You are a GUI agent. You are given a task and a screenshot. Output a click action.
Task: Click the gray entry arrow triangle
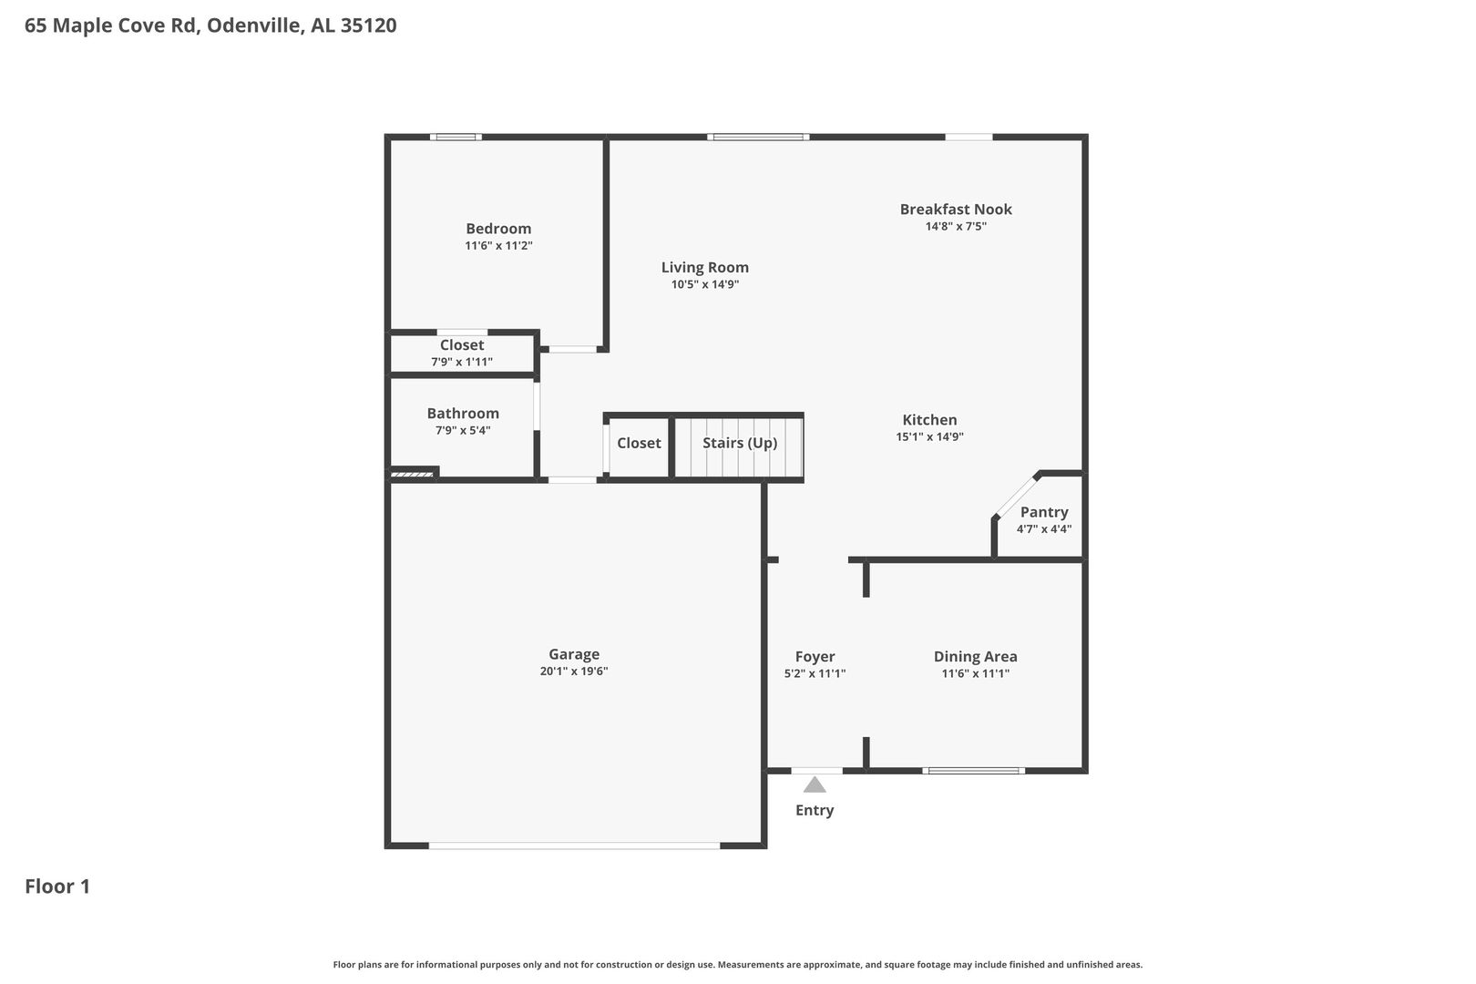click(815, 784)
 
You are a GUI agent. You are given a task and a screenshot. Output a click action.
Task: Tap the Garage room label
click(574, 654)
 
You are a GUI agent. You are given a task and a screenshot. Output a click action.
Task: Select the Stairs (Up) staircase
click(739, 446)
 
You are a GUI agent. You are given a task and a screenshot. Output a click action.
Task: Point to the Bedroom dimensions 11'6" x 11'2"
click(498, 246)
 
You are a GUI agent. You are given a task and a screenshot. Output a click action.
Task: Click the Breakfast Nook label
click(956, 209)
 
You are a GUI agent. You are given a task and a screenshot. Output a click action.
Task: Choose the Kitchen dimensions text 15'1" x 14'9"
click(929, 436)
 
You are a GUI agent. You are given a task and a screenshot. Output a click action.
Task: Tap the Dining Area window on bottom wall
click(973, 771)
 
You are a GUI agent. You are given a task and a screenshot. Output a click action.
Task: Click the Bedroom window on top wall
click(456, 137)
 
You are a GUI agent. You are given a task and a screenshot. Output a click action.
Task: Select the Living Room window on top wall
click(758, 137)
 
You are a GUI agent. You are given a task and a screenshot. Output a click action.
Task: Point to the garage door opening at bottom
click(575, 846)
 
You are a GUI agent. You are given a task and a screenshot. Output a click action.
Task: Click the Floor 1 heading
click(57, 887)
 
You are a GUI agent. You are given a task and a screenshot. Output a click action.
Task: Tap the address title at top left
click(210, 26)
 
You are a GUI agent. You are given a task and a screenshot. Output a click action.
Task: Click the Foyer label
click(815, 656)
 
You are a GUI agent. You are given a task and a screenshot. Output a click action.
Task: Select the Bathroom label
click(463, 414)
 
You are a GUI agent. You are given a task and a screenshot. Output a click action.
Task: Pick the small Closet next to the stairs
click(639, 446)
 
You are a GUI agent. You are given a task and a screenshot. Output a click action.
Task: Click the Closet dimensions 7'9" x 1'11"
click(462, 362)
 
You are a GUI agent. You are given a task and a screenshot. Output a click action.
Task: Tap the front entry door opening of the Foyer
click(817, 771)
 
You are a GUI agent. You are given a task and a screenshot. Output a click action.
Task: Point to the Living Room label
click(705, 268)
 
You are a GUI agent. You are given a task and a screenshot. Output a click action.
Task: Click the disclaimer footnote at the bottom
click(738, 964)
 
